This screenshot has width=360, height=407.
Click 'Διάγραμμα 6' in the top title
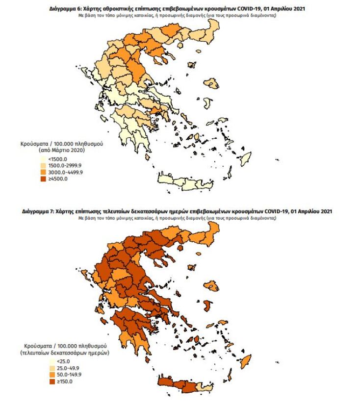coord(66,9)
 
